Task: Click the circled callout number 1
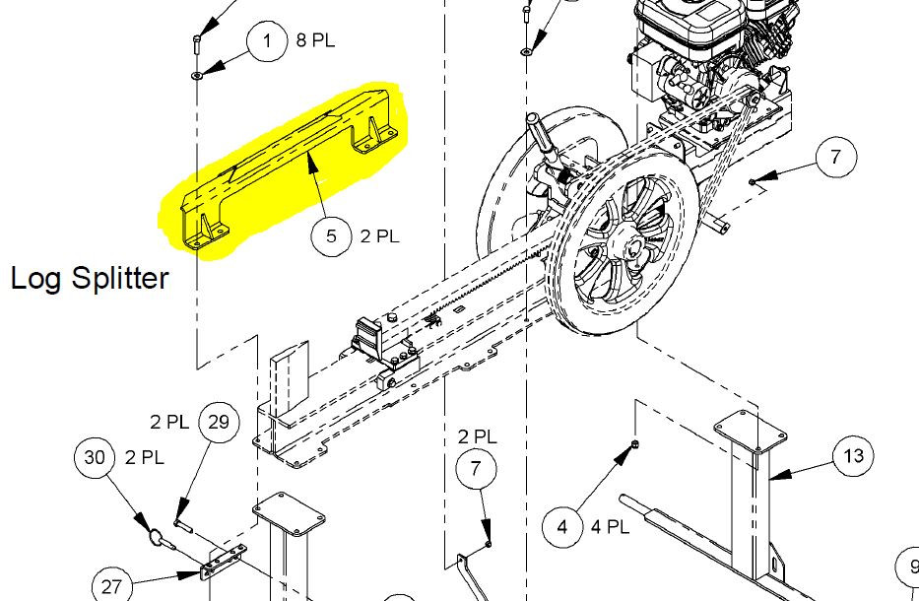click(267, 41)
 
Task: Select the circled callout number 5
click(331, 235)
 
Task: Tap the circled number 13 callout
click(853, 455)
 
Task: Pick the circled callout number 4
click(562, 527)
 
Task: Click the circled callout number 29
click(219, 422)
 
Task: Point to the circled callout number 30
click(95, 457)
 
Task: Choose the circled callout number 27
click(111, 586)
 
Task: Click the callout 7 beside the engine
click(836, 157)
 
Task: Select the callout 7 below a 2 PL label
click(476, 469)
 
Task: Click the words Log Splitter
click(90, 279)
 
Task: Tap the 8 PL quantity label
click(315, 40)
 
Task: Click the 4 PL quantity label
click(610, 526)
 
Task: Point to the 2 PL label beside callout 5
click(380, 235)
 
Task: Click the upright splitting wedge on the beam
click(291, 380)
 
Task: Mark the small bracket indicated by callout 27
click(224, 562)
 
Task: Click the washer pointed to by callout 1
click(197, 75)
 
